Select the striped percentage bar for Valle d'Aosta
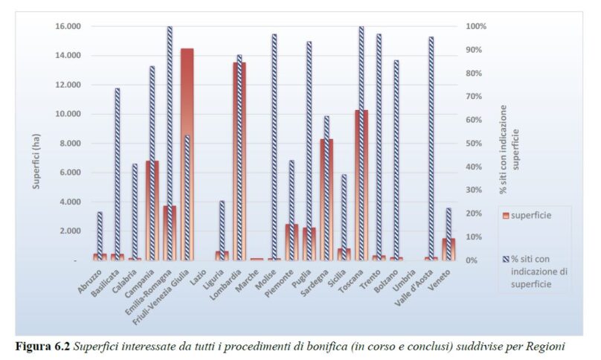pos(431,148)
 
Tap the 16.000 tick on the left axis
pos(68,27)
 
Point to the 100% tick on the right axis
pos(477,27)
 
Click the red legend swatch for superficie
pos(506,216)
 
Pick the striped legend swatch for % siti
pos(506,260)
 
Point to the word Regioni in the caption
pos(547,346)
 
